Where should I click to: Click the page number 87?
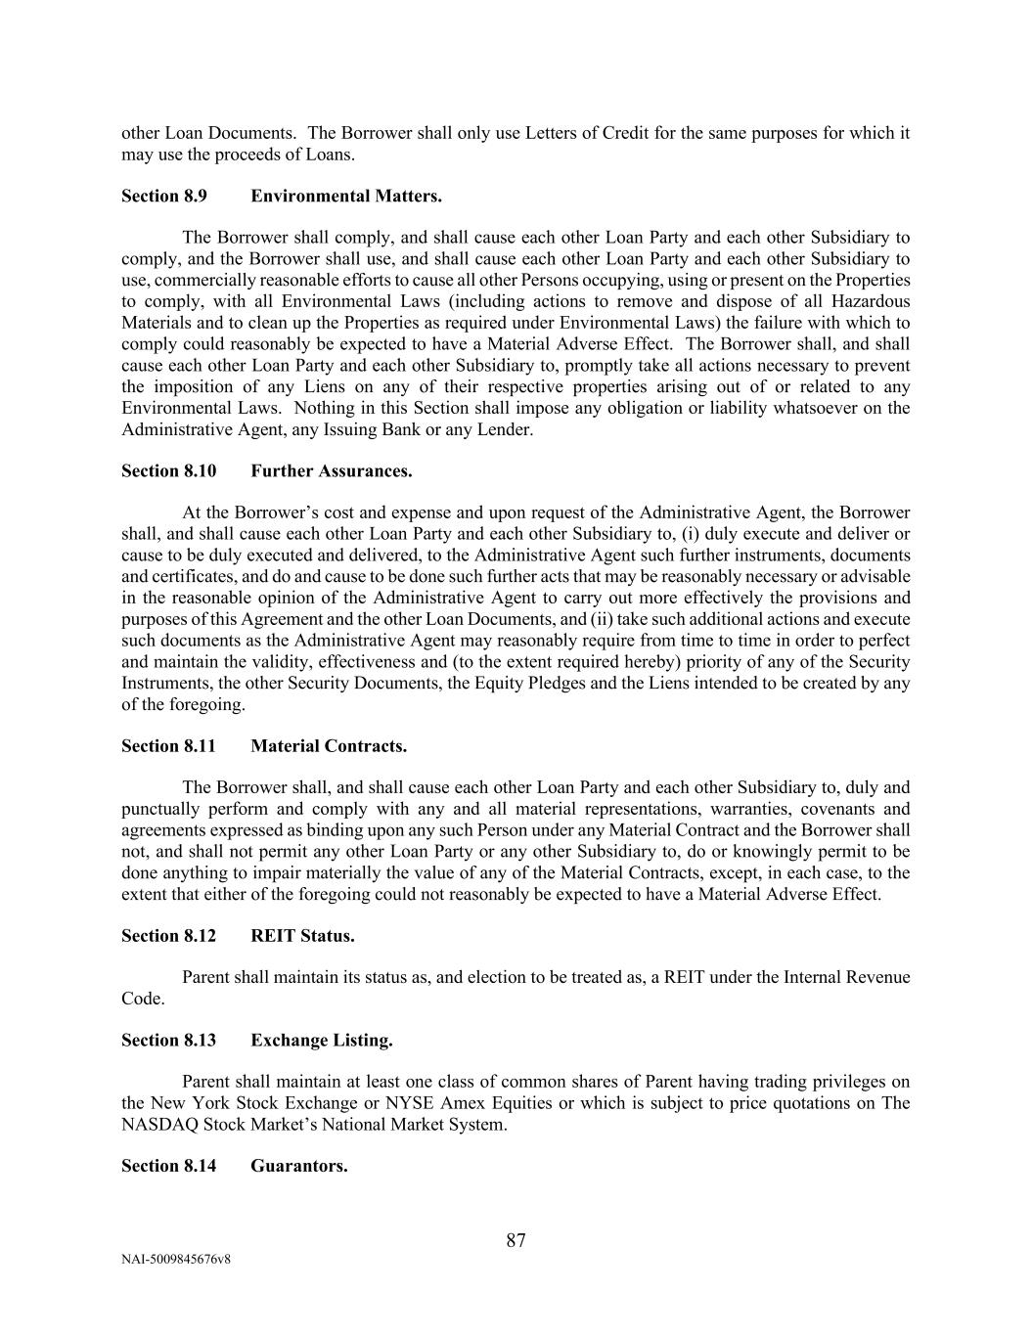[x=516, y=1241]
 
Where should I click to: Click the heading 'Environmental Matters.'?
[x=346, y=196]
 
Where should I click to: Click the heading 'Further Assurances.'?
[x=332, y=470]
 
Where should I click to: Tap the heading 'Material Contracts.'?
[x=329, y=746]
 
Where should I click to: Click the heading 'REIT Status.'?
[x=302, y=936]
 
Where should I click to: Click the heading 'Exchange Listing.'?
[x=322, y=1040]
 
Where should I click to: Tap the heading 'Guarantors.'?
[x=299, y=1166]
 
